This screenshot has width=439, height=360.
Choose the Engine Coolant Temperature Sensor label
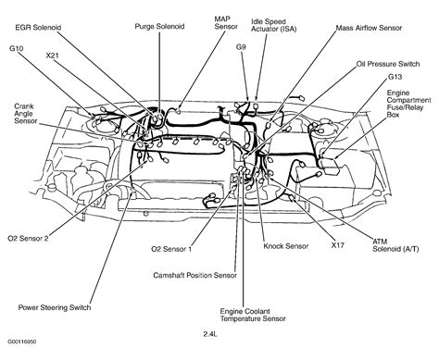pos(258,318)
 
